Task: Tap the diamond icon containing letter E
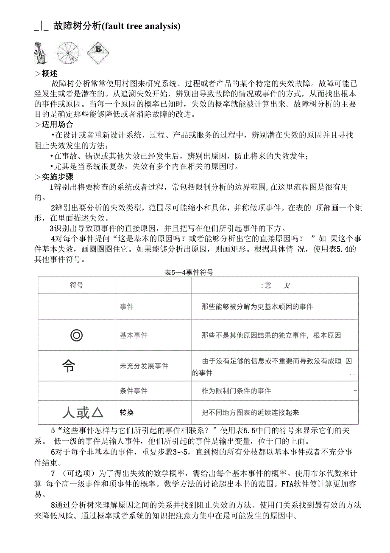pos(99,52)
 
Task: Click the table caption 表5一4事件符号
pos(189,273)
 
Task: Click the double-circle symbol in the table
pos(76,335)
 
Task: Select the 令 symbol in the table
pos(68,366)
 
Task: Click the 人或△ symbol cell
pos(83,412)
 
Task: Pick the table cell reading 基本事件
pos(134,335)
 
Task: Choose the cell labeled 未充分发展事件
pos(144,366)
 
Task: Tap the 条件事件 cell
pos(134,391)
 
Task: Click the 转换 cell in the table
pos(127,412)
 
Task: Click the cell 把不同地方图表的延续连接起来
pos(251,412)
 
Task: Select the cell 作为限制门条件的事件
pos(237,391)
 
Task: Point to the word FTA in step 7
pos(274,483)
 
